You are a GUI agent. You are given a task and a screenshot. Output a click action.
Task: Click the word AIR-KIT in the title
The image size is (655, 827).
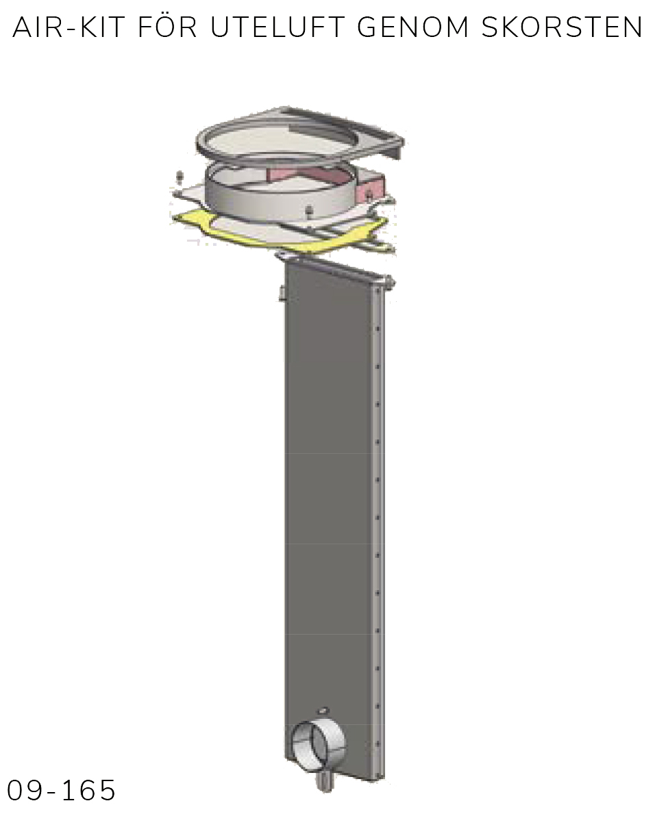69,27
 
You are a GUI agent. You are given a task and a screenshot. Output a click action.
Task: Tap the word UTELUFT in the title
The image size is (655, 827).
277,27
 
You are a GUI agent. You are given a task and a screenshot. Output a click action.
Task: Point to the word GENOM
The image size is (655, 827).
412,27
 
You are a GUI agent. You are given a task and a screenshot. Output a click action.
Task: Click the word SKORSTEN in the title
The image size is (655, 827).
562,27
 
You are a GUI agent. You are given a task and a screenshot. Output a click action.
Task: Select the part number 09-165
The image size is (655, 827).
62,791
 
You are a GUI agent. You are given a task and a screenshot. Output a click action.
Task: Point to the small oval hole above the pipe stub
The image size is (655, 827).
324,710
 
